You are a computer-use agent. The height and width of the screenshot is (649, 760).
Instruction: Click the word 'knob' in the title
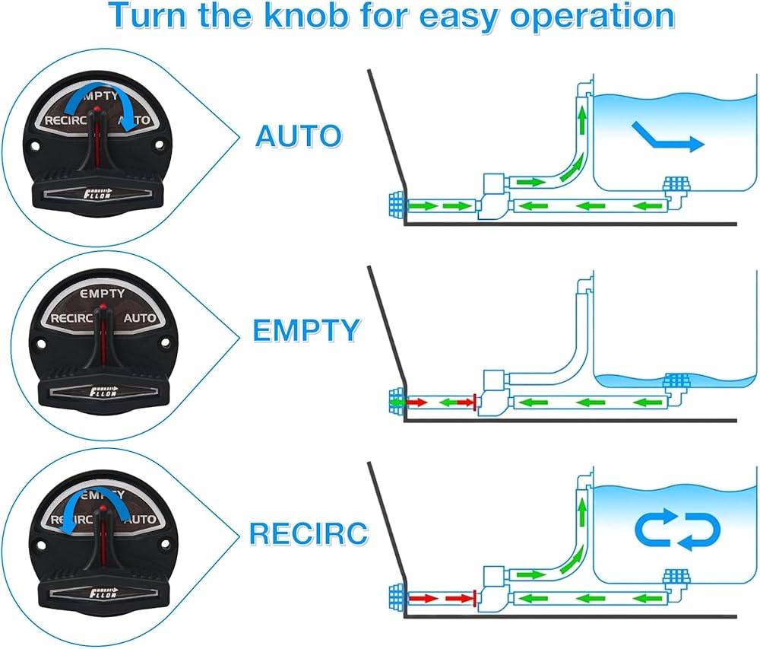click(x=307, y=15)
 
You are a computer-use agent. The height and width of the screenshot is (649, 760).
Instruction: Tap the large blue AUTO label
click(x=299, y=136)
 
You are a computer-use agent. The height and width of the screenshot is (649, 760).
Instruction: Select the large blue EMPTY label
click(x=306, y=330)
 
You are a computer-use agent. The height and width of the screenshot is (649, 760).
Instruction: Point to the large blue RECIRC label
click(x=309, y=533)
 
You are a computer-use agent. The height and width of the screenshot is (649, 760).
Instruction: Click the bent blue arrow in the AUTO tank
click(x=668, y=137)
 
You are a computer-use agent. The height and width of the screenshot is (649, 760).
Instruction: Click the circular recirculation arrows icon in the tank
click(x=678, y=530)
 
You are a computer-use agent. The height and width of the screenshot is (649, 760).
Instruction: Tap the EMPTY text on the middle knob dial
click(x=103, y=294)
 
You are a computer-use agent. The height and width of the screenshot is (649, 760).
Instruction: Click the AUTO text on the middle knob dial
click(x=140, y=318)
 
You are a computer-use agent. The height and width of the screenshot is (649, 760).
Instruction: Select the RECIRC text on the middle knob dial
click(x=71, y=319)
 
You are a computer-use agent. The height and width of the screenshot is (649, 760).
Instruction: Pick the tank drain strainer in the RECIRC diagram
click(x=676, y=577)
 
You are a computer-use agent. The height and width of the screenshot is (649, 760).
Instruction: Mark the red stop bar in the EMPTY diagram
click(x=474, y=402)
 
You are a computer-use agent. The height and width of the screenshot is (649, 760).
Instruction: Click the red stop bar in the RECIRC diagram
click(x=473, y=598)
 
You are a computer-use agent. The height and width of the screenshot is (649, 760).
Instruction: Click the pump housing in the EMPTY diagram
click(x=493, y=392)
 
